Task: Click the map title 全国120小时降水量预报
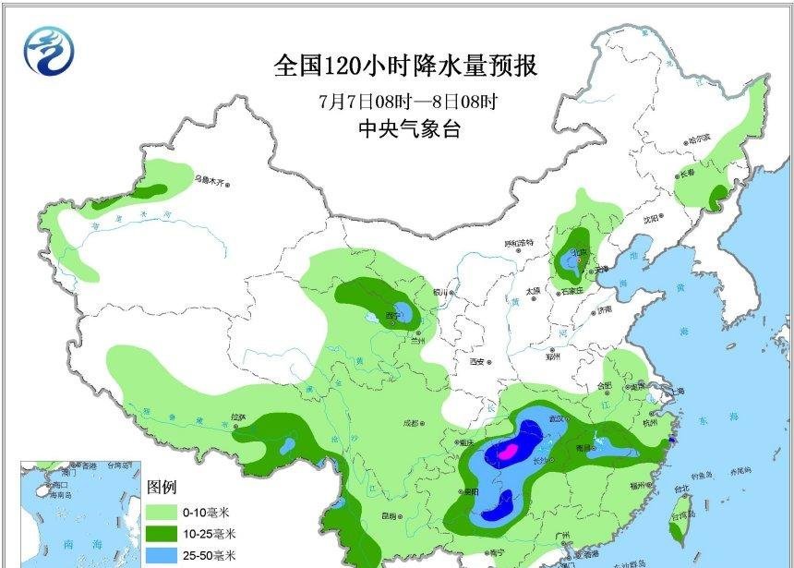[x=405, y=66]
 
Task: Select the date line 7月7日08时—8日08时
[x=407, y=100]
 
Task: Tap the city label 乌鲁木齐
[x=210, y=179]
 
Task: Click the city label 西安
[x=478, y=361]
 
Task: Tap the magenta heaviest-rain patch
[x=507, y=452]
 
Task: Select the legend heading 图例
[x=161, y=487]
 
